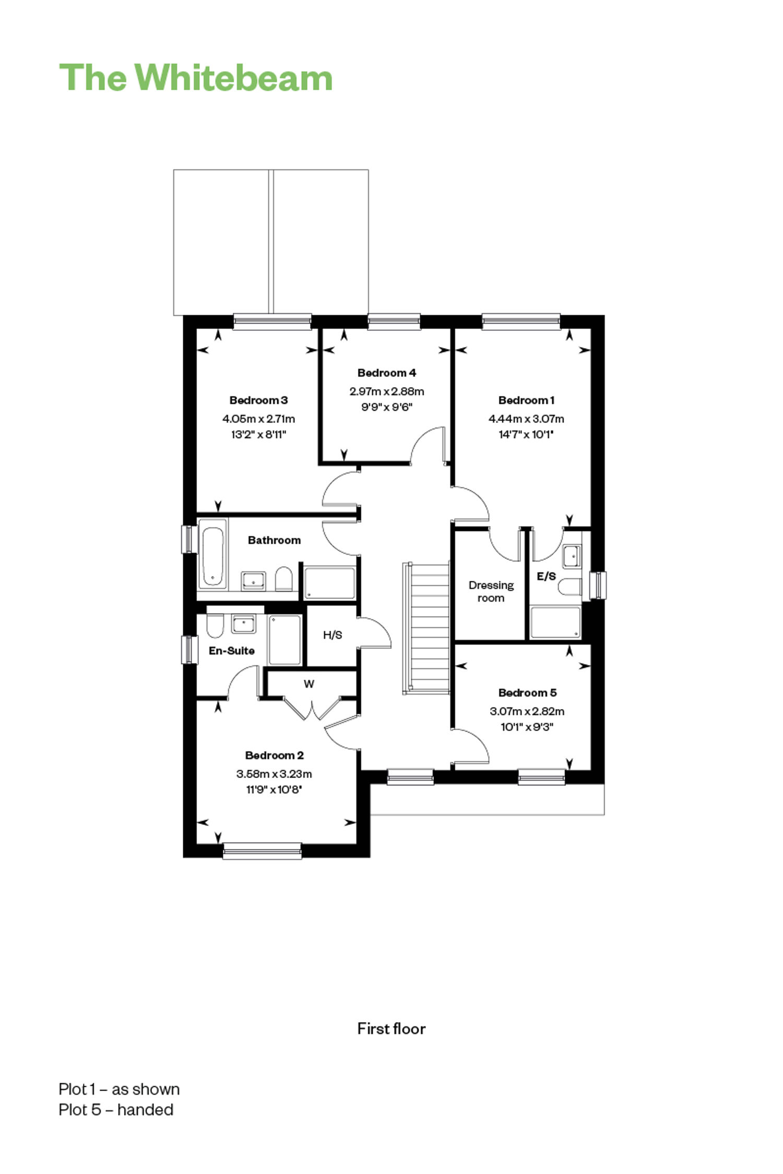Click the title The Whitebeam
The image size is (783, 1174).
[x=196, y=78]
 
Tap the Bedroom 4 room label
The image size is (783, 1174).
[x=387, y=373]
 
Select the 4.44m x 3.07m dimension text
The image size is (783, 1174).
[x=526, y=418]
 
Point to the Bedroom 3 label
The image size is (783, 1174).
[x=258, y=400]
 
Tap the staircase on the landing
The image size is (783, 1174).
[x=426, y=628]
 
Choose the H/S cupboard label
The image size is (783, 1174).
[x=333, y=635]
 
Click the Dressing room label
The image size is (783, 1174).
[x=491, y=592]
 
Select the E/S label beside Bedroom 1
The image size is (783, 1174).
[x=547, y=576]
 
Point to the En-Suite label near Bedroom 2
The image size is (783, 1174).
[x=232, y=651]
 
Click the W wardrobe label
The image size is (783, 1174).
[x=309, y=684]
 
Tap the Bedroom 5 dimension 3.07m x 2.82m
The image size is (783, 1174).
[x=527, y=711]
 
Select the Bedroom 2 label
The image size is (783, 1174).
[x=275, y=755]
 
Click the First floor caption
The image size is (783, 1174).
[x=391, y=1028]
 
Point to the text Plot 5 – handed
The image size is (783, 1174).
[x=116, y=1109]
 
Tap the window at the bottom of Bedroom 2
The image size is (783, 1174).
[x=262, y=850]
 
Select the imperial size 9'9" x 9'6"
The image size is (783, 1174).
[x=387, y=407]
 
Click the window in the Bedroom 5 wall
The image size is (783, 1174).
[x=542, y=777]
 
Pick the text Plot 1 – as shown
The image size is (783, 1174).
[x=120, y=1089]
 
